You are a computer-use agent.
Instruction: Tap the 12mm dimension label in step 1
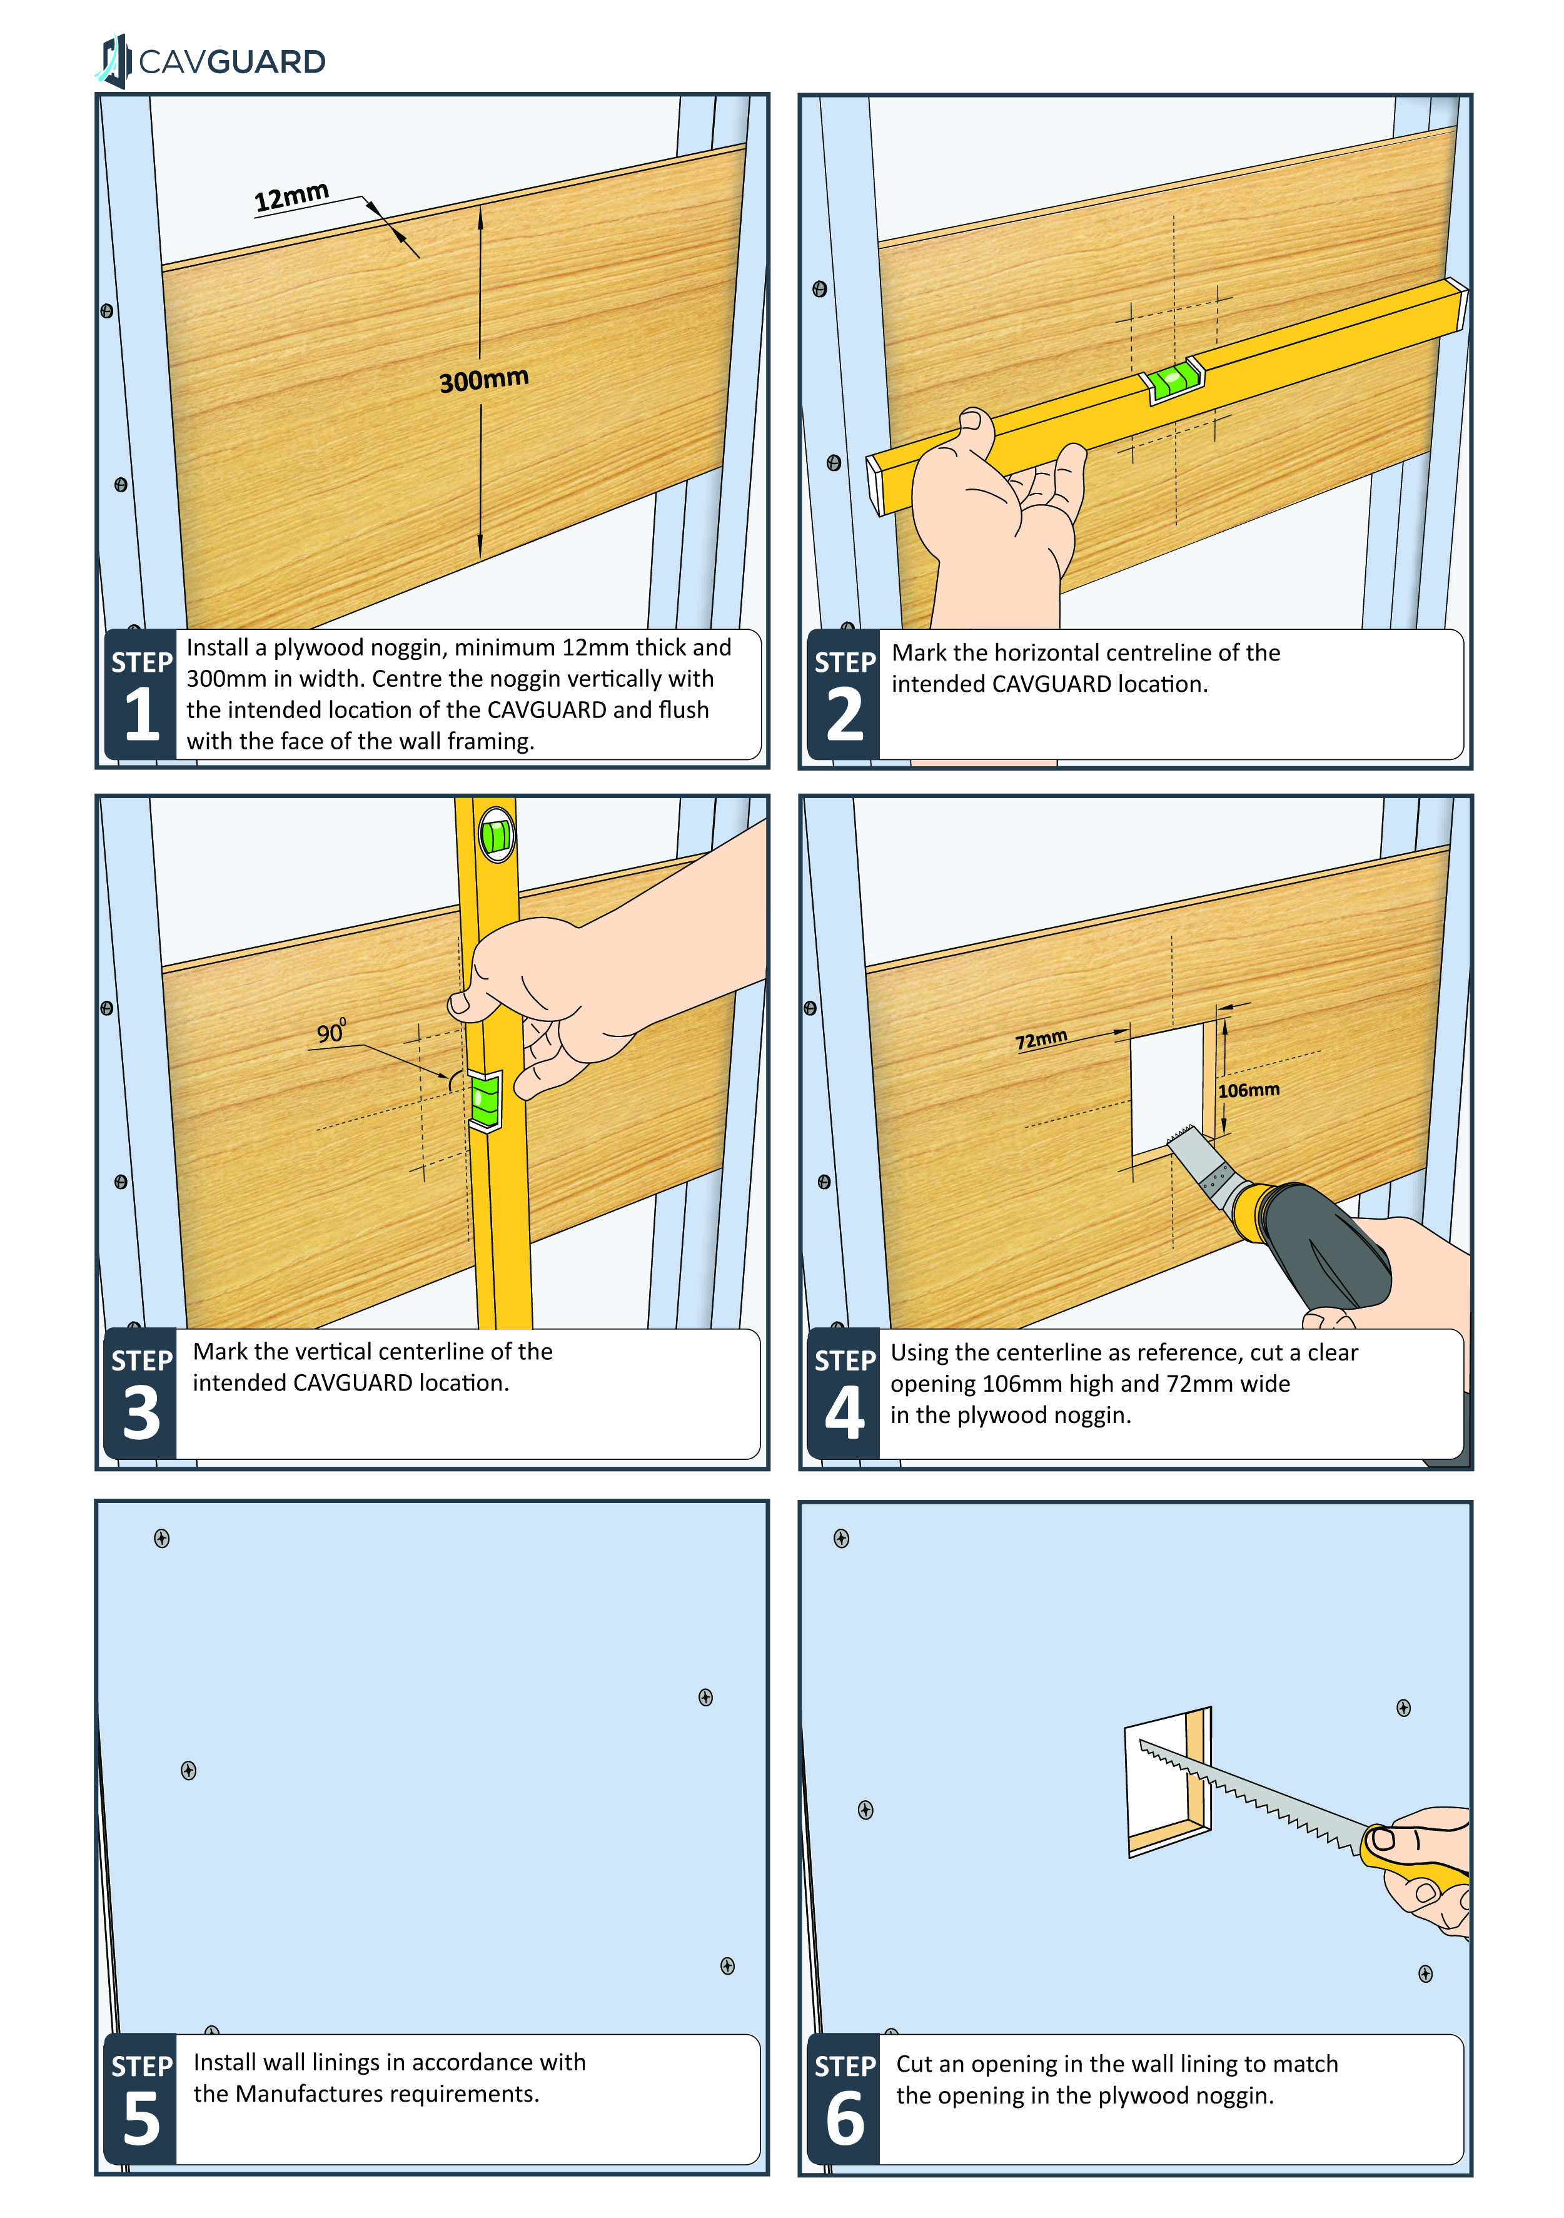292,196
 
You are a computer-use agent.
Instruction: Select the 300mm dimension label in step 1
484,380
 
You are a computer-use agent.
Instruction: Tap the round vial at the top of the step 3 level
495,834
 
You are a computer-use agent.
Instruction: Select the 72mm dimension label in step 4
1041,1040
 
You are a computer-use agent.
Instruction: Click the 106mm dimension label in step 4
1248,1090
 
